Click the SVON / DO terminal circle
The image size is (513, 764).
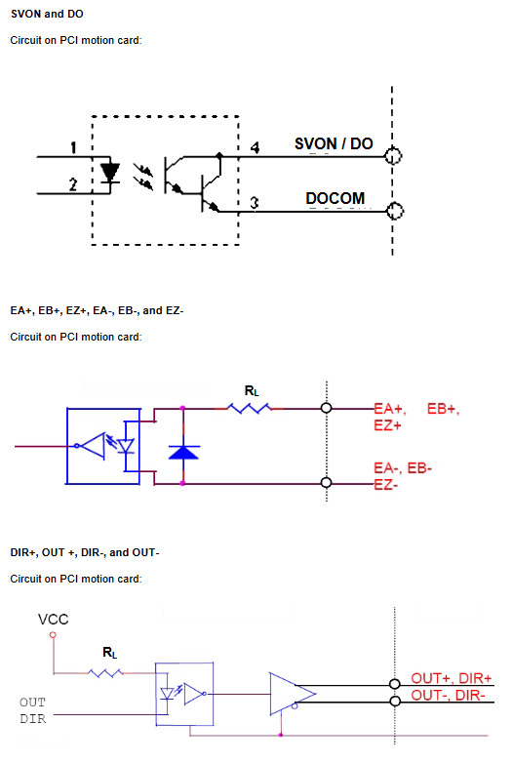pyautogui.click(x=393, y=156)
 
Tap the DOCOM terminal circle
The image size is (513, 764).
pyautogui.click(x=395, y=212)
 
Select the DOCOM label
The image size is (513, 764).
pyautogui.click(x=335, y=198)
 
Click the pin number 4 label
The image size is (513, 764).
pyautogui.click(x=255, y=147)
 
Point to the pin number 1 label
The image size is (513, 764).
pyautogui.click(x=73, y=147)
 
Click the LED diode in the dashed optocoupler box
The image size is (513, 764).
pyautogui.click(x=110, y=173)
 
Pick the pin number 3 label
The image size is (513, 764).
pyautogui.click(x=255, y=202)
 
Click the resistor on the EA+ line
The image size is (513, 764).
pyautogui.click(x=250, y=408)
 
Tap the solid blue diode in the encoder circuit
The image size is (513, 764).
pyautogui.click(x=183, y=452)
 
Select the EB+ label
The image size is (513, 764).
pyautogui.click(x=444, y=409)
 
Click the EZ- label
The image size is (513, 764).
pyautogui.click(x=386, y=485)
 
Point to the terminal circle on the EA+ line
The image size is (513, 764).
pyautogui.click(x=327, y=408)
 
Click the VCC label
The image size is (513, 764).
pyautogui.click(x=53, y=620)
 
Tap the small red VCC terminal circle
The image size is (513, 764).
pyautogui.click(x=53, y=634)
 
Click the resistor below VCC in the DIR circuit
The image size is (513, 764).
pyautogui.click(x=105, y=673)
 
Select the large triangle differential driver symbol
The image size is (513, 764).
pyautogui.click(x=293, y=694)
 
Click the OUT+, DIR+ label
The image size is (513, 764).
pyautogui.click(x=452, y=678)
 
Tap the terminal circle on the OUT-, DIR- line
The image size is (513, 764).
pyautogui.click(x=395, y=702)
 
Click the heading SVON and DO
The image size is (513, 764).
pyautogui.click(x=47, y=14)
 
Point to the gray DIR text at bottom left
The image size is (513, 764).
pyautogui.click(x=33, y=719)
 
